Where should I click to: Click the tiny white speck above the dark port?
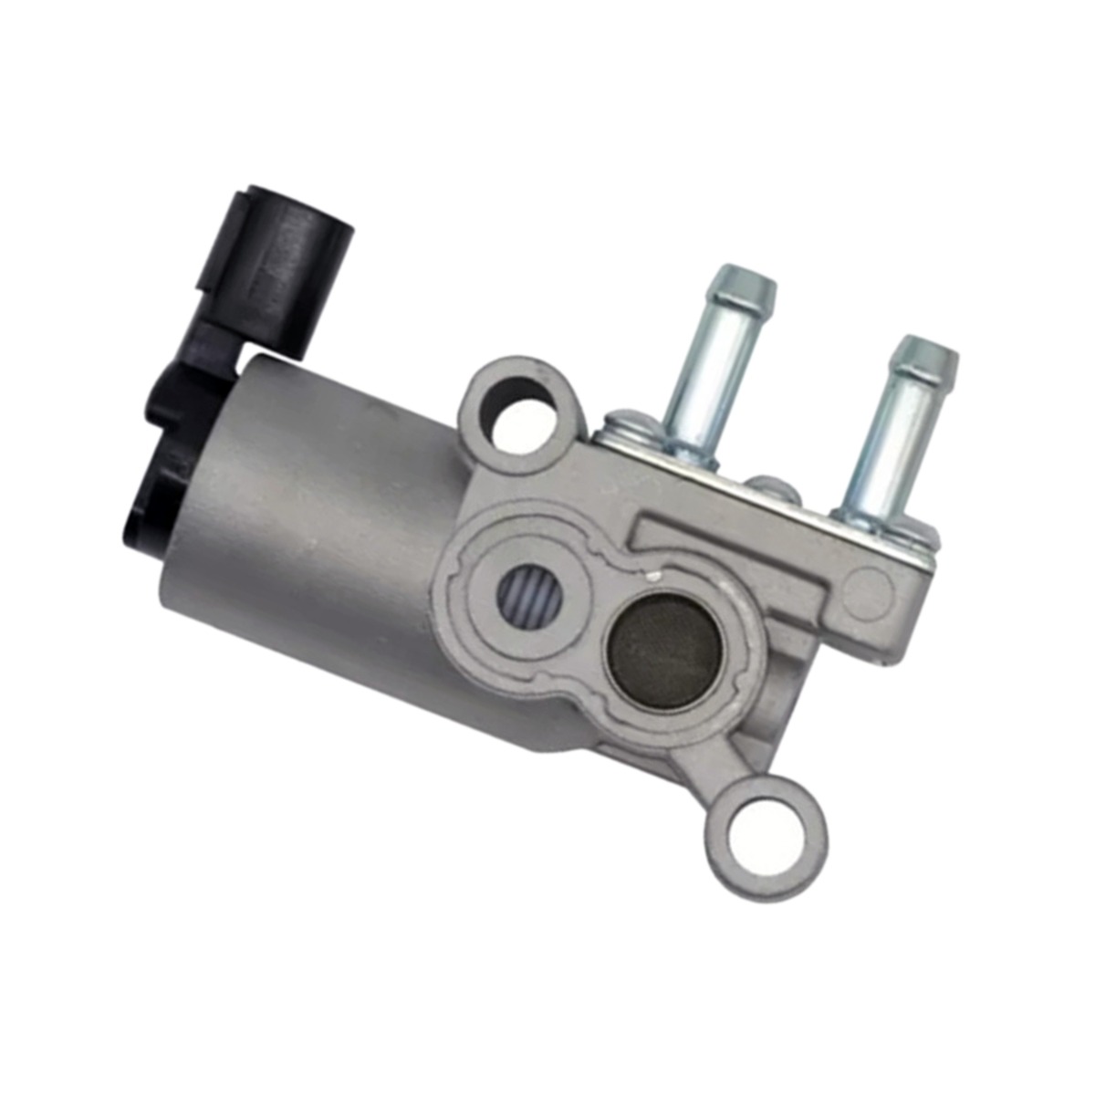653,577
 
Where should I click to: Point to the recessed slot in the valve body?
730,538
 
